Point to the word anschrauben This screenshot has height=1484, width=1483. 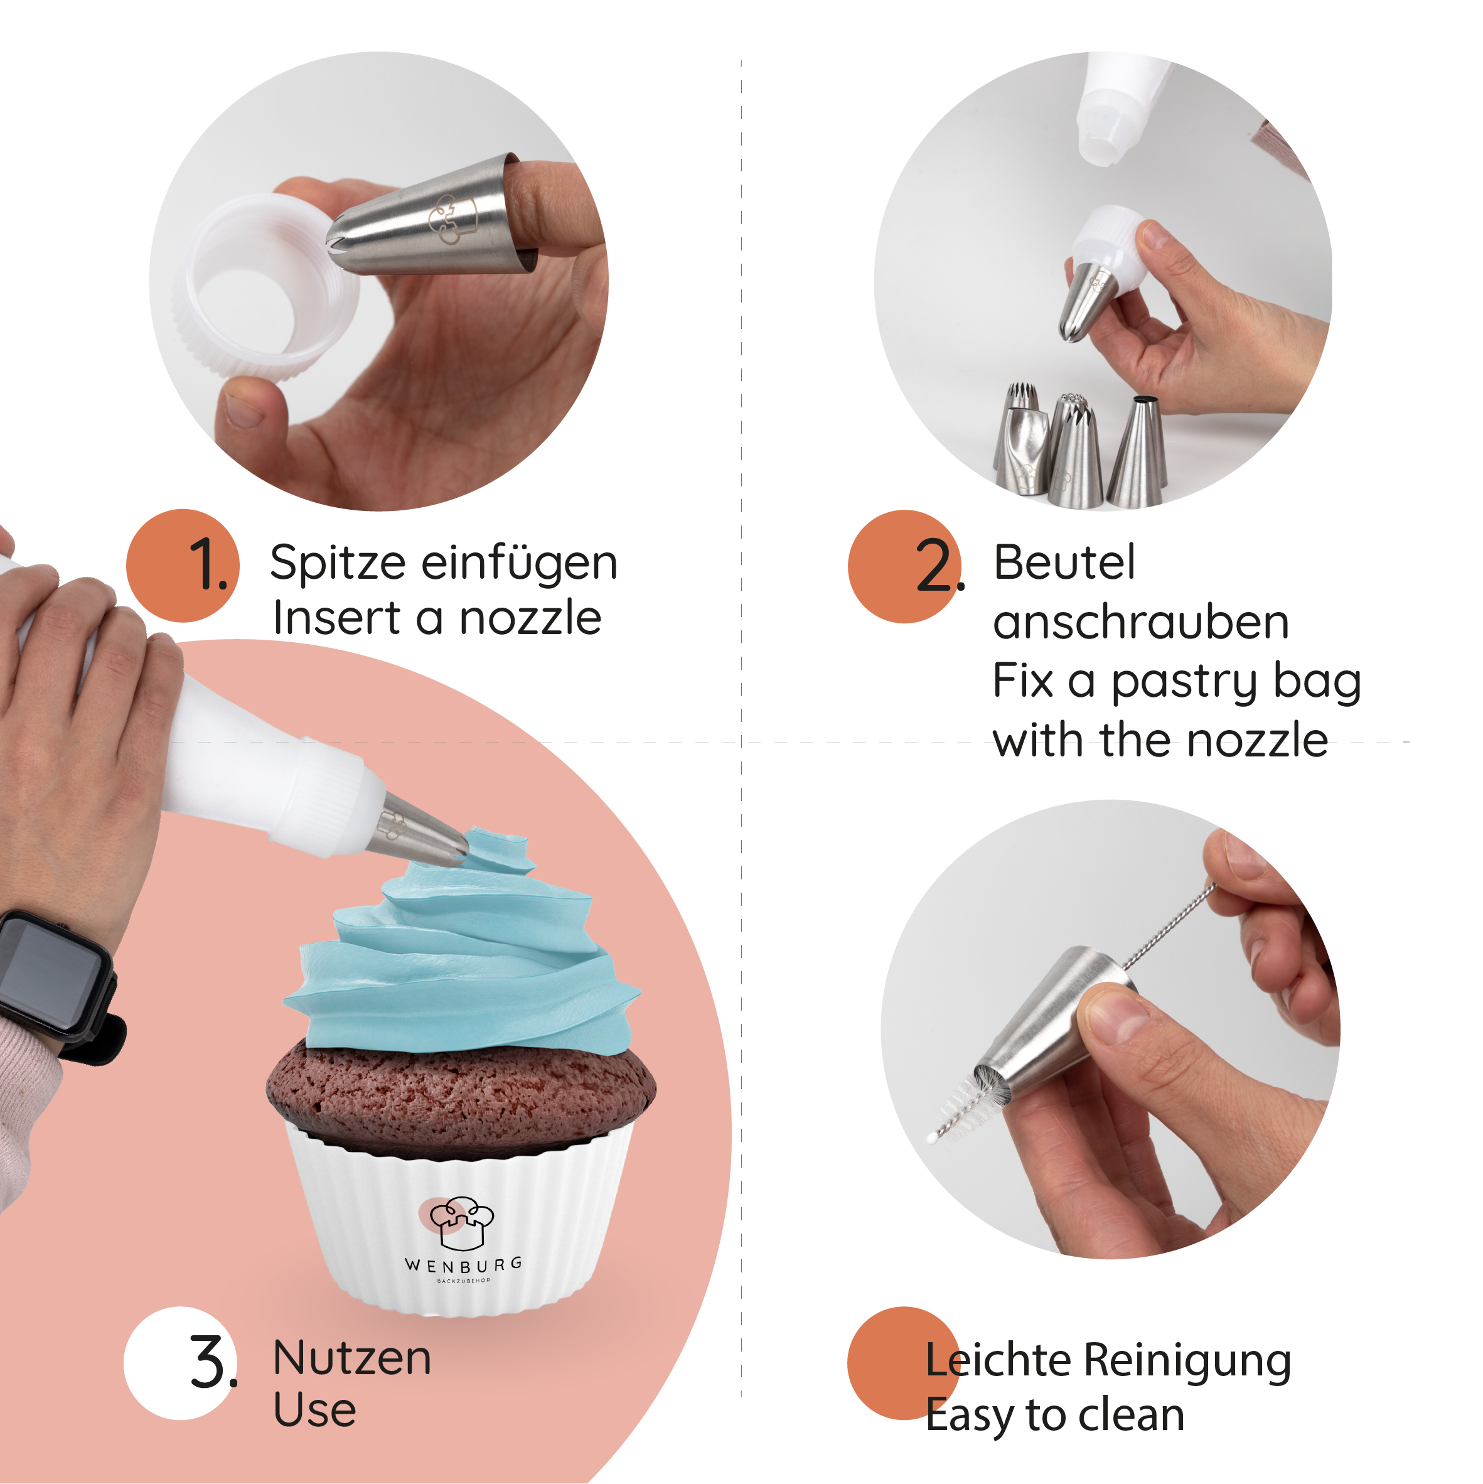tap(1140, 622)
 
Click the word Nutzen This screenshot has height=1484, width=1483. tap(351, 1358)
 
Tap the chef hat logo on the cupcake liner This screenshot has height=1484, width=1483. tap(461, 1222)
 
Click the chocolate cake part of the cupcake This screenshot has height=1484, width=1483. tap(461, 1091)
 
